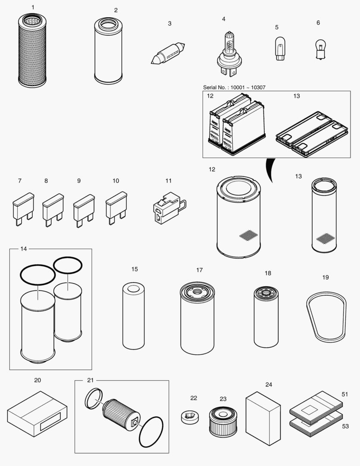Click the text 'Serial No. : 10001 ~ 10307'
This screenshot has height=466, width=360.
click(x=234, y=88)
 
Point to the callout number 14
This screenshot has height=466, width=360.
click(x=23, y=249)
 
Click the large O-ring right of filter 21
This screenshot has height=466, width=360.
click(x=151, y=432)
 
